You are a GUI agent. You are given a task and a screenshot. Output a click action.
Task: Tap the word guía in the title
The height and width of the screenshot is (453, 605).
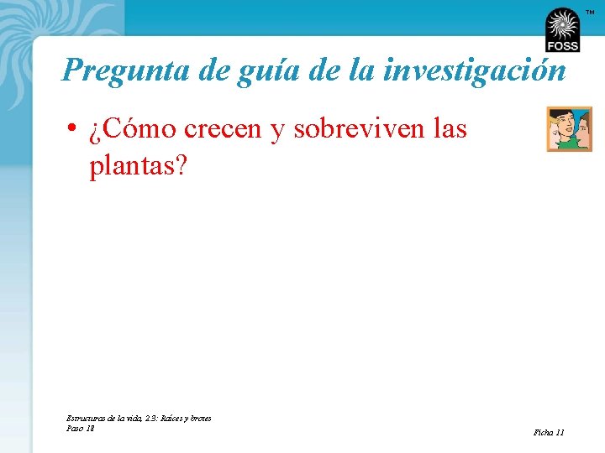pos(257,71)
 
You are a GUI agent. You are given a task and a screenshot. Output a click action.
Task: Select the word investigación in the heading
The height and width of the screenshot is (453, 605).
pos(474,71)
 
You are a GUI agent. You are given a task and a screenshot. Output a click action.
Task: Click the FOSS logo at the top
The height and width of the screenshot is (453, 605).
pos(562,31)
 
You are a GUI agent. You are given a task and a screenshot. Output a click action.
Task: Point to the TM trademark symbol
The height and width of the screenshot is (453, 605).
pos(590,12)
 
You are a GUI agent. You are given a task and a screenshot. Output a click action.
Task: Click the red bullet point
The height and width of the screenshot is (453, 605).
pos(75,129)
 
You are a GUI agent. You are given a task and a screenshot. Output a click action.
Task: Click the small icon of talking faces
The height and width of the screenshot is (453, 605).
pos(569,128)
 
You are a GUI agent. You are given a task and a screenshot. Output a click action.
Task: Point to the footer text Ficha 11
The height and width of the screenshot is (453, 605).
pos(549,432)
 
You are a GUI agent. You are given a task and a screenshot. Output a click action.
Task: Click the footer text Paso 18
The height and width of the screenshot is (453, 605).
pos(80,428)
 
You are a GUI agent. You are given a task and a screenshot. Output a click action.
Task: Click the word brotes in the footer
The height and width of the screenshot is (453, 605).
pos(199,418)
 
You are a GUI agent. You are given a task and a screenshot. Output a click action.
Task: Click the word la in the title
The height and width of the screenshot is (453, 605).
pos(360,70)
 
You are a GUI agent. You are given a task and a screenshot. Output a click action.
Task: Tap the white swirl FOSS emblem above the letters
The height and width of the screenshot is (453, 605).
pos(562,23)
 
